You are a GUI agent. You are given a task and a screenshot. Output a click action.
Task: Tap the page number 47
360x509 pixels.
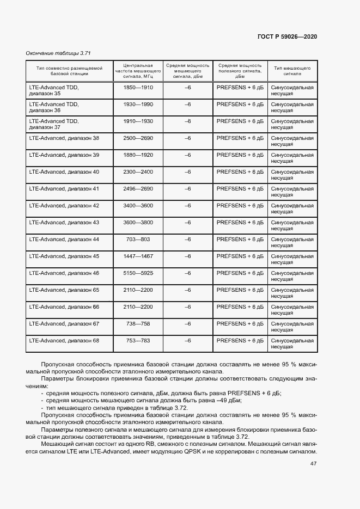[313, 463]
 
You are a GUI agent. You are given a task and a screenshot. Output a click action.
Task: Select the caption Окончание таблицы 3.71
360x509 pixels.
[58, 53]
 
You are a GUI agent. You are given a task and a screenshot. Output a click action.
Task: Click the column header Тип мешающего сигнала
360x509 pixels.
[292, 71]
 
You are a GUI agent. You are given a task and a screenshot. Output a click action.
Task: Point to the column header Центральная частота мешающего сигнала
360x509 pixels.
[138, 71]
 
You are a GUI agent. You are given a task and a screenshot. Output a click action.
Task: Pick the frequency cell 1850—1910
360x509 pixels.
[138, 87]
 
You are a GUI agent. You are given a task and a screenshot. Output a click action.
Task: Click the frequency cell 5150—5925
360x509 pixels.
[138, 273]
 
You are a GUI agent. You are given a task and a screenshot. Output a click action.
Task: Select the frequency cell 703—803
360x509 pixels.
[138, 239]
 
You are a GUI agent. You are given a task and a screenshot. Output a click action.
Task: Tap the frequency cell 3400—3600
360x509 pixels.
[138, 205]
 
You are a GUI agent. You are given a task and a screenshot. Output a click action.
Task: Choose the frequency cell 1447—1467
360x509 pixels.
[138, 256]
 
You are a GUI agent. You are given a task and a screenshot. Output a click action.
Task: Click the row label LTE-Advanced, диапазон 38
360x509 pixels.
[64, 138]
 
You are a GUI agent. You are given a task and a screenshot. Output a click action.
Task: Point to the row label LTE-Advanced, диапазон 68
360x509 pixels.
[64, 340]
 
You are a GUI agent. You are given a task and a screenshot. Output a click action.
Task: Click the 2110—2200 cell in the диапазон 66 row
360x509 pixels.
[138, 306]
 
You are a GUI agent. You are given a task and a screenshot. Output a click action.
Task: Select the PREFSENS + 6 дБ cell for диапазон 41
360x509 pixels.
[240, 188]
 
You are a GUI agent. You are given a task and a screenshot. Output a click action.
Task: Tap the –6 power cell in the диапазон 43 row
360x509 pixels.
[187, 222]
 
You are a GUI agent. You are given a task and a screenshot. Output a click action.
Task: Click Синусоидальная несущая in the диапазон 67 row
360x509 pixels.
[292, 327]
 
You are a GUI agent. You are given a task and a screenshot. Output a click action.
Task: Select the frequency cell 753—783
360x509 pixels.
[138, 340]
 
